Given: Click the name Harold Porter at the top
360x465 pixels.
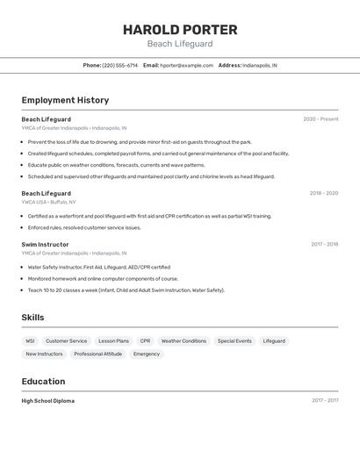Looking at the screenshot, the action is point(180,29).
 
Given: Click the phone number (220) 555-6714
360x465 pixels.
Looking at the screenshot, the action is point(120,65).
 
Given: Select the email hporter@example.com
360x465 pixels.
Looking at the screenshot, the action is point(187,65).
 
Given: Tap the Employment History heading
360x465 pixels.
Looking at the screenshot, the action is point(65,100).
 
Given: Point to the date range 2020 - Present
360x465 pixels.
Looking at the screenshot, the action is point(320,119).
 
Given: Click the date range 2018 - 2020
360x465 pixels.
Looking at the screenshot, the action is point(323,193).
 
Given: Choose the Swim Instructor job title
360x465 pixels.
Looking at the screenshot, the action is point(45,245).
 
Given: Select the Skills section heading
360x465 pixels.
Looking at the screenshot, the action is point(32,318).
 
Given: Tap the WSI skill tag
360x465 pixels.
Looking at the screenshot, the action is point(31,341).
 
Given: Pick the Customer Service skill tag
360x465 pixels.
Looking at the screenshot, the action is point(67,341).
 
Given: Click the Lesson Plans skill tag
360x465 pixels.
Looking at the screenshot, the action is point(113,341).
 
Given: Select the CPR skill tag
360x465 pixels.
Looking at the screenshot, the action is point(145,341).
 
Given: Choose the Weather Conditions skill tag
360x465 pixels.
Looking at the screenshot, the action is point(184,341).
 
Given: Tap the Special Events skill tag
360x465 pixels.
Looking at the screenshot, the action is point(234,341).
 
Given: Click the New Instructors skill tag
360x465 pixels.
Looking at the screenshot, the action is point(44,354).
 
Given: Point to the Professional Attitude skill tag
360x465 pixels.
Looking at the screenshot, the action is point(98,354).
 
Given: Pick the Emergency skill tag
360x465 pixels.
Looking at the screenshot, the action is point(147,354).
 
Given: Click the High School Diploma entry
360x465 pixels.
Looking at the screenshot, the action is point(48,401).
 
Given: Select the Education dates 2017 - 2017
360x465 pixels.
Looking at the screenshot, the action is point(324,401).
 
